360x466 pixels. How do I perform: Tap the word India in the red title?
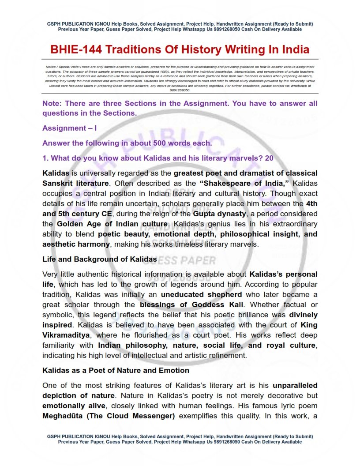tap(293, 49)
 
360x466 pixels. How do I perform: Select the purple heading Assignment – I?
tap(69, 128)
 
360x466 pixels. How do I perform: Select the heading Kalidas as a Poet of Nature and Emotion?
tap(116, 370)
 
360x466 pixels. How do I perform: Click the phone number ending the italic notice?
tap(180, 90)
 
